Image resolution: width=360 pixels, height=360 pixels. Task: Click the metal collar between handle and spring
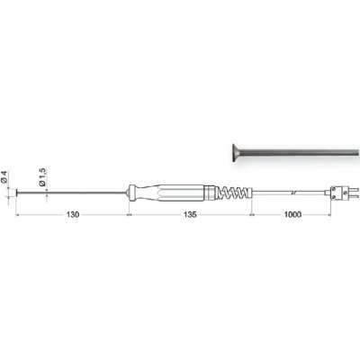(x=212, y=193)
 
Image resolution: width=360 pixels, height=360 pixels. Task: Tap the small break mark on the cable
(x=294, y=192)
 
